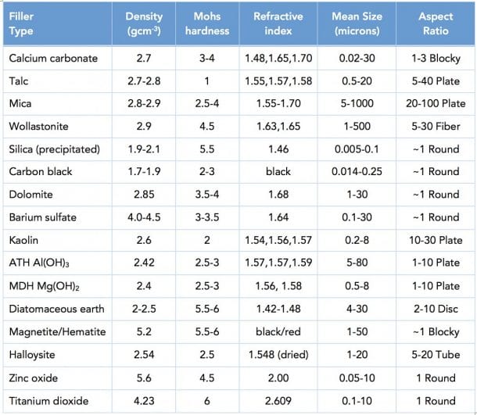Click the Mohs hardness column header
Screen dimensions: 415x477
pos(211,23)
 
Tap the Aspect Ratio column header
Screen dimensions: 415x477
pos(436,23)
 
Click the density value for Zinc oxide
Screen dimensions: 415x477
pos(149,378)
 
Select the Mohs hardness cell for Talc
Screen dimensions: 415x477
pos(211,80)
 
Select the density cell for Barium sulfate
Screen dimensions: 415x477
pos(149,217)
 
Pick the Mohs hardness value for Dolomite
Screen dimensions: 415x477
pos(211,195)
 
